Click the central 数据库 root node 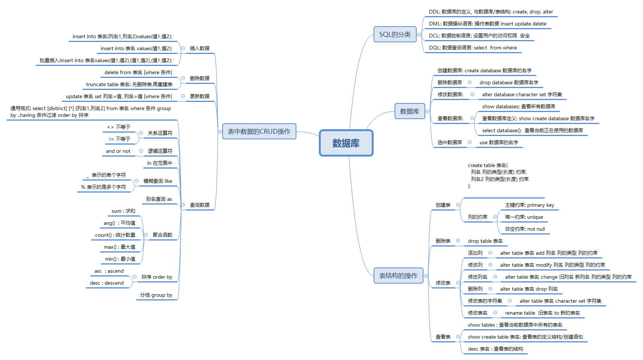coord(346,143)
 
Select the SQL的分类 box coord(395,34)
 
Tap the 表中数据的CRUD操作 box coord(259,131)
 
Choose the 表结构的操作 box coord(398,276)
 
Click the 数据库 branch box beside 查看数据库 coord(410,111)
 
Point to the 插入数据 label coord(199,48)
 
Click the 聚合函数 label coord(162,235)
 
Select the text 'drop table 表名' coord(485,241)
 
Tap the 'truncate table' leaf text coord(129,84)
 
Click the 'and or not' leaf coord(118,151)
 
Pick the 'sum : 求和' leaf coord(123,211)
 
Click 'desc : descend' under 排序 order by coord(107,283)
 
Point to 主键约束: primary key coord(529,205)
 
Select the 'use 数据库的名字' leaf coord(499,142)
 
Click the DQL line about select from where coord(473,48)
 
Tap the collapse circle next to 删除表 coord(458,241)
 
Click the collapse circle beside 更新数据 coord(183,96)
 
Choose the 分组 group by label coord(156,295)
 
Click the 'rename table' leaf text coord(543,313)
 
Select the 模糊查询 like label coord(158,181)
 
